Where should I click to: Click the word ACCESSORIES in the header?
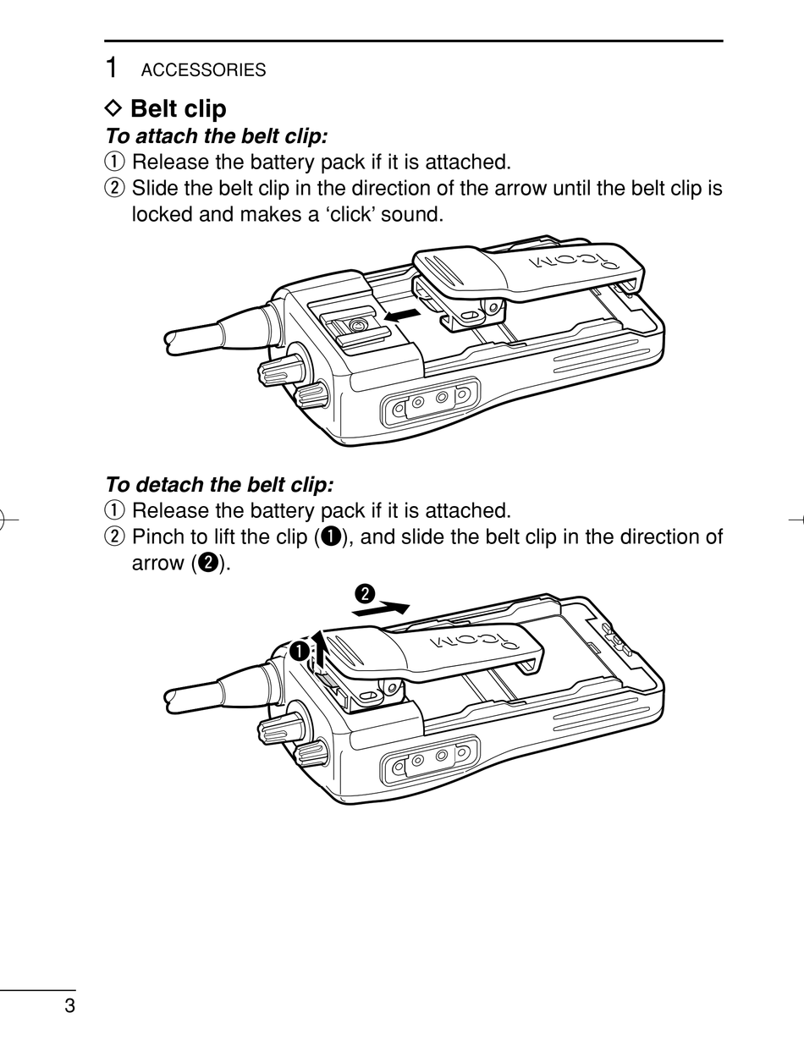pyautogui.click(x=203, y=70)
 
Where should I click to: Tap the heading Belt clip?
pyautogui.click(x=178, y=108)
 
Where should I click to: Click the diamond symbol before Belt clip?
pyautogui.click(x=113, y=108)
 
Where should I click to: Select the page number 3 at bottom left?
pyautogui.click(x=70, y=1005)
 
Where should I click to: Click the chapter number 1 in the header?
pyautogui.click(x=111, y=67)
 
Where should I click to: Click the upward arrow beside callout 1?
pyautogui.click(x=320, y=648)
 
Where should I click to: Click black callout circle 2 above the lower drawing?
pyautogui.click(x=365, y=594)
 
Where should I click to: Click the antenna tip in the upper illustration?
pyautogui.click(x=171, y=341)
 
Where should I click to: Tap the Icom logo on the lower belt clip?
pyautogui.click(x=475, y=641)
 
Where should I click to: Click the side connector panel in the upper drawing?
pyautogui.click(x=430, y=402)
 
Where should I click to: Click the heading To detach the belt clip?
pyautogui.click(x=219, y=485)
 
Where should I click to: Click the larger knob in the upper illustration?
pyautogui.click(x=281, y=368)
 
